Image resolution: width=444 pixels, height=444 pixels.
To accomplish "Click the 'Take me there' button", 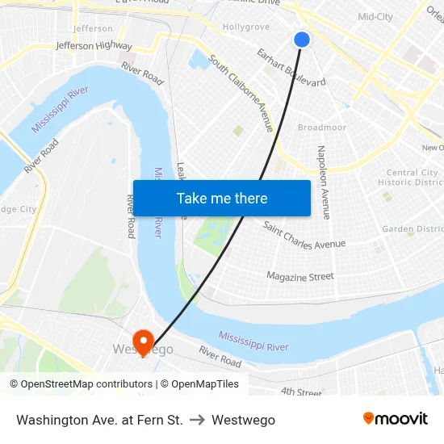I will tap(222, 199).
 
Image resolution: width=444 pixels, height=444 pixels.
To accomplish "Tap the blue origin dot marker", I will tap(302, 39).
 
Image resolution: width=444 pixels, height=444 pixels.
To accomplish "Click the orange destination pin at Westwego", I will tap(144, 342).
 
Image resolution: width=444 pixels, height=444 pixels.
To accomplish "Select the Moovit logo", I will tap(395, 419).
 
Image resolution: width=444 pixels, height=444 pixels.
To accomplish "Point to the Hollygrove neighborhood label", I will tap(245, 27).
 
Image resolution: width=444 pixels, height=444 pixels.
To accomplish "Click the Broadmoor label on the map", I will tap(321, 128).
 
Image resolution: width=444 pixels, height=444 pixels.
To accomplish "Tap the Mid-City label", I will tap(375, 16).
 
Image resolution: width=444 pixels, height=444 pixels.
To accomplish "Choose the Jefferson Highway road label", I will tap(94, 46).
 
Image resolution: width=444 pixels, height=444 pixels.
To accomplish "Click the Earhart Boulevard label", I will tap(291, 66).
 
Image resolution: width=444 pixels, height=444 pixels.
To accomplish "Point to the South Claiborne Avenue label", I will tap(241, 94).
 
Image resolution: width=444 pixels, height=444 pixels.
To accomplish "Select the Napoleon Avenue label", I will tap(323, 182).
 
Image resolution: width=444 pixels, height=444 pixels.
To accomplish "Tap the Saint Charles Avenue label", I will tap(304, 234).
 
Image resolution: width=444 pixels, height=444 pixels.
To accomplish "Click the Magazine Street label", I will tap(300, 276).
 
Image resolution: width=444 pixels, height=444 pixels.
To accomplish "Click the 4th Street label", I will tap(301, 392).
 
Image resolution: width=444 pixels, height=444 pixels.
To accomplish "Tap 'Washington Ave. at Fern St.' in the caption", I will tap(99, 420).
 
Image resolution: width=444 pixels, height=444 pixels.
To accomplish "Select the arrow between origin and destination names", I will tap(197, 420).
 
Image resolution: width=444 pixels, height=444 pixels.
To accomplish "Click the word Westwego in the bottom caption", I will tap(243, 420).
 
